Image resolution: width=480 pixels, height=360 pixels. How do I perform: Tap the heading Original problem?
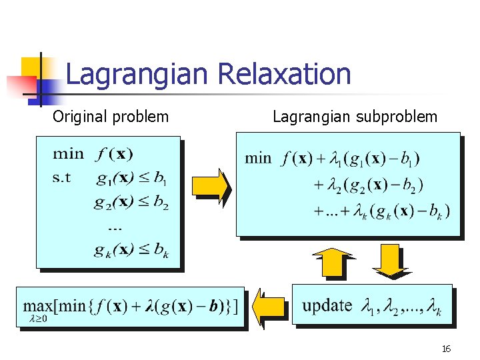click(111, 117)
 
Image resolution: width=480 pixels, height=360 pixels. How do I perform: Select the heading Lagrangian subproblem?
click(355, 117)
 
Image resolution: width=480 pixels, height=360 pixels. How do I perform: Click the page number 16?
click(446, 349)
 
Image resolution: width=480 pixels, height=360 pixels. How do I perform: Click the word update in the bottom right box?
click(327, 305)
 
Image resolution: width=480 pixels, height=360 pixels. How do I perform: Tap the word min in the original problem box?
click(69, 154)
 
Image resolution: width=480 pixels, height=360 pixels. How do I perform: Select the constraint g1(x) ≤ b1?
click(131, 179)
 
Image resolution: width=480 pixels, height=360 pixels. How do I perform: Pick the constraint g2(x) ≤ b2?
click(131, 203)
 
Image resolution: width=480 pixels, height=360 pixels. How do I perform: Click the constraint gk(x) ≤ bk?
click(131, 251)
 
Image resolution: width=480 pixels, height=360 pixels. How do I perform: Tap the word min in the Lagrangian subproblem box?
click(259, 159)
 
